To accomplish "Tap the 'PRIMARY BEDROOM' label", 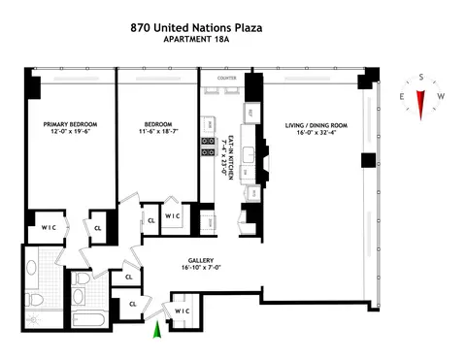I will [x=65, y=125].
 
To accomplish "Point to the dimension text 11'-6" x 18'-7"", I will [x=158, y=134].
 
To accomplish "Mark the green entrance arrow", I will [x=154, y=333].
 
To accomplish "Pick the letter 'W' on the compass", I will [x=442, y=97].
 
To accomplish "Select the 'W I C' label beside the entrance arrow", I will [x=181, y=311].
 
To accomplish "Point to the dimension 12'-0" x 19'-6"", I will [x=65, y=134].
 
